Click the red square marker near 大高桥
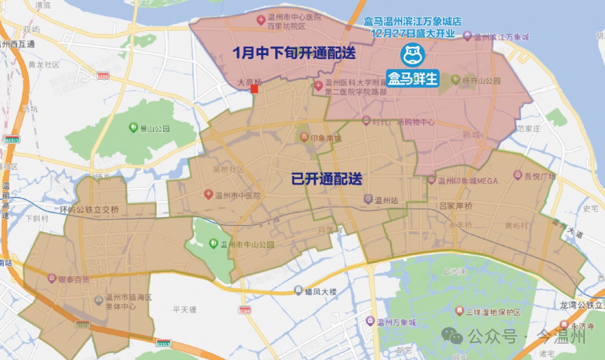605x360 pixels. coord(254,89)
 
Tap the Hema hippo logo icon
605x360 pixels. coord(412,54)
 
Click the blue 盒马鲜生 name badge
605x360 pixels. coord(413,78)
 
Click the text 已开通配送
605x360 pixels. coord(327,178)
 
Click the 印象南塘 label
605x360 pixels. coord(320,138)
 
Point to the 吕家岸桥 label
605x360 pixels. coord(457,206)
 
